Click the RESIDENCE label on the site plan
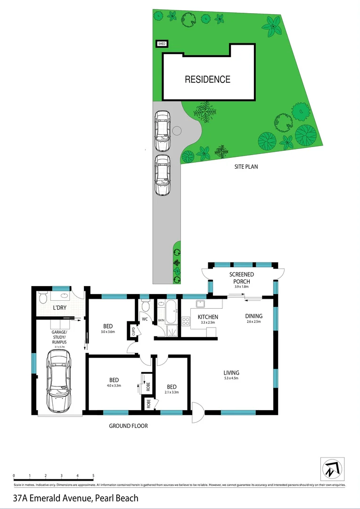[x=207, y=80]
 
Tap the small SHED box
[x=162, y=44]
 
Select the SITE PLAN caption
[x=246, y=166]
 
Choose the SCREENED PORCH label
[x=241, y=278]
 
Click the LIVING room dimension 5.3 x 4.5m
[x=231, y=378]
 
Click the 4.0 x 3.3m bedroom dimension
[x=114, y=386]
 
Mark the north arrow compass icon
[x=333, y=469]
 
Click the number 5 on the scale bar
[x=93, y=476]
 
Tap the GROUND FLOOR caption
[x=128, y=426]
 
